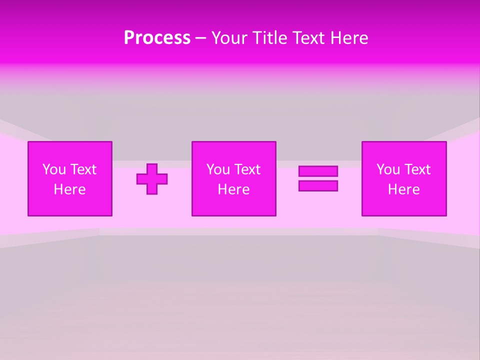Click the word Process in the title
pos(157,38)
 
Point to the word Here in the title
pos(349,38)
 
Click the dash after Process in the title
pos(200,38)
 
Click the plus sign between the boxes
pos(152,178)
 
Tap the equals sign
pos(318,178)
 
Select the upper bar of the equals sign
pos(318,171)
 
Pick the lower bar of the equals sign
pos(318,185)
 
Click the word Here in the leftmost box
pos(69,189)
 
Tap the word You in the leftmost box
pos(54,169)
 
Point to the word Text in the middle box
pos(246,169)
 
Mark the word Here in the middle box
pos(233,189)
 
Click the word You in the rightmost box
pos(388,169)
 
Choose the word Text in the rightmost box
pos(416,169)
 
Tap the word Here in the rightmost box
pos(403,189)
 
